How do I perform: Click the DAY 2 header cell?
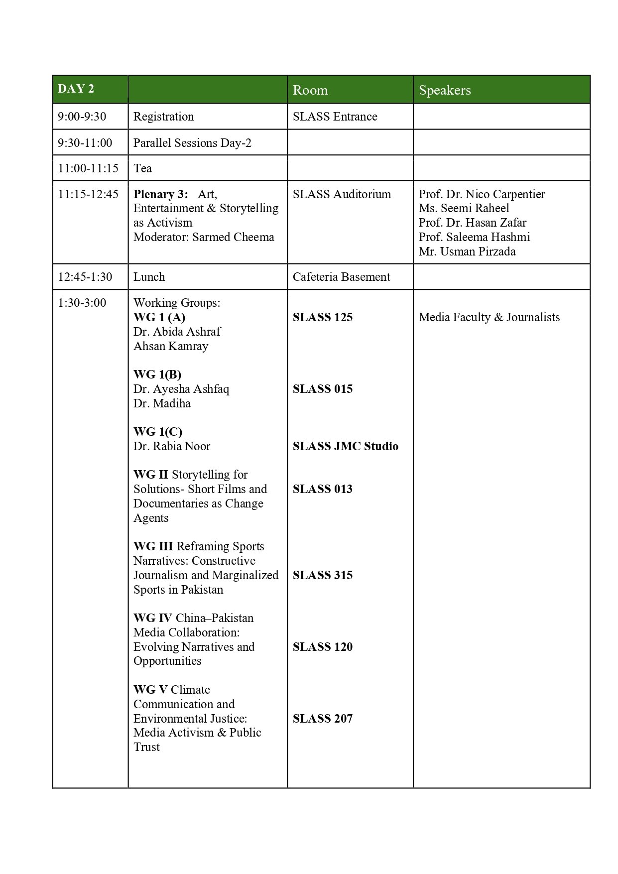point(76,89)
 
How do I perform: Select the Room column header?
point(310,90)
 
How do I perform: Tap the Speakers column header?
point(444,90)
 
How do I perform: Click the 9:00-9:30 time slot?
point(82,117)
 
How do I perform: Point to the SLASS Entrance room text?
point(335,117)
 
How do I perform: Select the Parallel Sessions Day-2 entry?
point(192,143)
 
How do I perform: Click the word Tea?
point(142,168)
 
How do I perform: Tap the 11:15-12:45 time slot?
point(88,194)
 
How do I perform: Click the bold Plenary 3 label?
point(160,194)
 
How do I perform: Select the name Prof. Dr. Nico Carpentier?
point(482,194)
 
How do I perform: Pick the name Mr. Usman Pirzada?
point(467,251)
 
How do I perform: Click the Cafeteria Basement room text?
point(341,277)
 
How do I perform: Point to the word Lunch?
point(149,277)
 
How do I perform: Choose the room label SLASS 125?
point(322,317)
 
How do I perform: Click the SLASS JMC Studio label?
point(345,446)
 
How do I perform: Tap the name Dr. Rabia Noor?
point(171,446)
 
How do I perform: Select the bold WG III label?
point(153,546)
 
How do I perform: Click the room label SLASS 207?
point(322,719)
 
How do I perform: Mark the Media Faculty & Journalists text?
point(489,317)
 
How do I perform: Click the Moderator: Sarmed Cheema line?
point(203,237)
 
